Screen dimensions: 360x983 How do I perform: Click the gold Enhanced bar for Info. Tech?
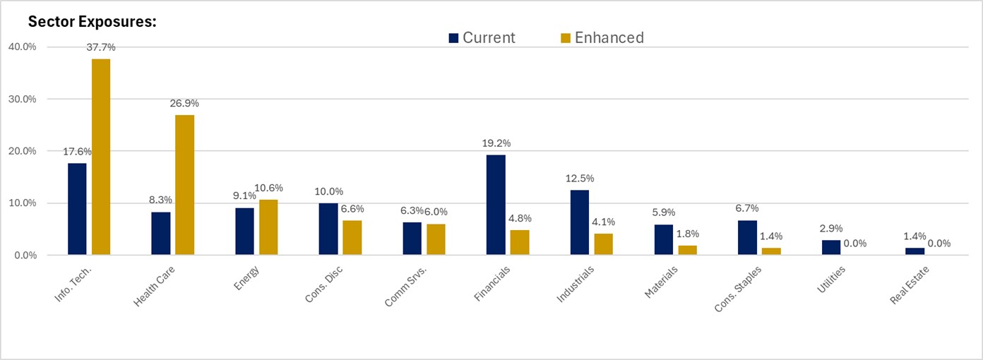click(x=101, y=157)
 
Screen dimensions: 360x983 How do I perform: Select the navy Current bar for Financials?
click(x=496, y=205)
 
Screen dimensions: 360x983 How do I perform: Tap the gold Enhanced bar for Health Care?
click(x=184, y=184)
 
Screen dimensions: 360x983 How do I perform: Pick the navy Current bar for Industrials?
click(x=580, y=222)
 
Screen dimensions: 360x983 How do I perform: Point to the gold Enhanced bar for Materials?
click(x=687, y=250)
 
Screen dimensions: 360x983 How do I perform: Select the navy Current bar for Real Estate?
click(x=915, y=251)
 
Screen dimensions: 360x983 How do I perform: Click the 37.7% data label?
click(x=101, y=47)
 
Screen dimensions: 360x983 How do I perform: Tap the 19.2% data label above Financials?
click(x=496, y=143)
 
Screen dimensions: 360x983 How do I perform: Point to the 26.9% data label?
click(x=184, y=103)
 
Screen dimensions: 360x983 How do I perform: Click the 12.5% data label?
click(x=580, y=178)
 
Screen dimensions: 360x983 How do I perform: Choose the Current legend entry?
click(x=482, y=37)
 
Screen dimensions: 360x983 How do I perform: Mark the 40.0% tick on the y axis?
click(x=23, y=47)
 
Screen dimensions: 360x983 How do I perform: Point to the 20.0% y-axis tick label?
click(x=23, y=151)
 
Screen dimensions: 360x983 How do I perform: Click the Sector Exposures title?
click(x=92, y=21)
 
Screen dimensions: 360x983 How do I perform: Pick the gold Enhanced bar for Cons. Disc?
click(x=352, y=238)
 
